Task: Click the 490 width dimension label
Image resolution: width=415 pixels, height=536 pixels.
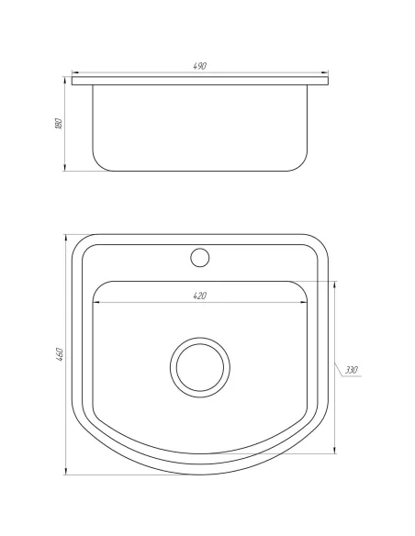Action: click(x=200, y=67)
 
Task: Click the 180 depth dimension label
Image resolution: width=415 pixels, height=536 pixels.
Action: click(x=58, y=123)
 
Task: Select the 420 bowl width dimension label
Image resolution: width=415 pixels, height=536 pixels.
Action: click(x=200, y=296)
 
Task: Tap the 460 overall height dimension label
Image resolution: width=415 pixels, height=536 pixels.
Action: click(x=58, y=353)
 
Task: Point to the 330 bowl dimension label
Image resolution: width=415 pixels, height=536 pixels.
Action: click(x=352, y=370)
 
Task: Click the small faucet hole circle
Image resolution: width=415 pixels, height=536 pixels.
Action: click(x=200, y=257)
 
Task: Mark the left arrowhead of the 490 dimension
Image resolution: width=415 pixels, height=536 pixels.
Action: click(x=74, y=73)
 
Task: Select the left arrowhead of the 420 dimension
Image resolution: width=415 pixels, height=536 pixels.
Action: click(x=94, y=301)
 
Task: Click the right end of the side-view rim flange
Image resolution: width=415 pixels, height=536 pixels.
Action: click(x=329, y=83)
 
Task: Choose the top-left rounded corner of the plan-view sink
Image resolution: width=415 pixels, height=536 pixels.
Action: click(x=82, y=243)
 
